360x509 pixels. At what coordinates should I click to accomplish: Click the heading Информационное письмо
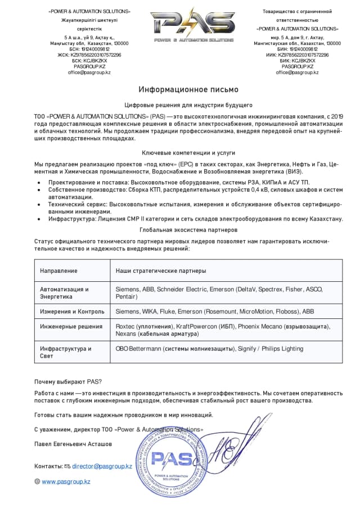tap(188, 89)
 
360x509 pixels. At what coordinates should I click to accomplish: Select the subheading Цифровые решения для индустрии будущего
tap(188, 105)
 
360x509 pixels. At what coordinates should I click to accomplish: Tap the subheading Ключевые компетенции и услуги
tap(188, 152)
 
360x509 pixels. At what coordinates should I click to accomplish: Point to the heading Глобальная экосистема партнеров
tap(188, 230)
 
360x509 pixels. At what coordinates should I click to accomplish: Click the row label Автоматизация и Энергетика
tap(64, 292)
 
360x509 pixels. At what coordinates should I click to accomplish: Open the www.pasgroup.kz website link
tap(66, 481)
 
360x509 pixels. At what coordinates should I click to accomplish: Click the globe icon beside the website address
tap(37, 481)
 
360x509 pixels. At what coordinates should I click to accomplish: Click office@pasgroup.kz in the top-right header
tap(297, 73)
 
